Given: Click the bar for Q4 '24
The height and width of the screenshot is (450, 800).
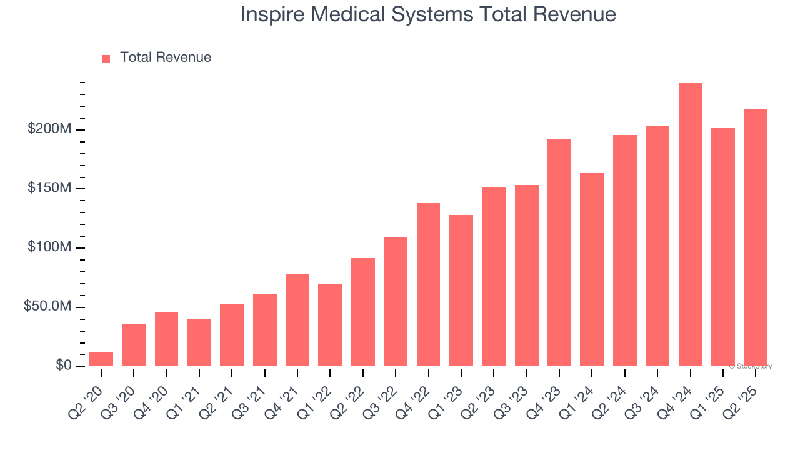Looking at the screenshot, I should point(690,225).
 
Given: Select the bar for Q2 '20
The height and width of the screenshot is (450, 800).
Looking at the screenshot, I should point(101,359).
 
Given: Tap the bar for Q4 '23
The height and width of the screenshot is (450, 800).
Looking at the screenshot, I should point(559,252).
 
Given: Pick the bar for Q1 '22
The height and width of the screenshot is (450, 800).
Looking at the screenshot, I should point(330,325).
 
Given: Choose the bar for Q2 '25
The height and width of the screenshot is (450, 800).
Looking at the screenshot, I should point(756,237).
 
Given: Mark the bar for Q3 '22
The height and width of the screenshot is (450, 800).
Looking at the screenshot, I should point(396,302).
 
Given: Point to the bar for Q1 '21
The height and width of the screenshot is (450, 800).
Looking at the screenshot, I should point(199,342).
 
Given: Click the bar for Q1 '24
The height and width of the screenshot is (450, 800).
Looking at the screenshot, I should point(592,269).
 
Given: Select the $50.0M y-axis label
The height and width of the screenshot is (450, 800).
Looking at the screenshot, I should point(47,307).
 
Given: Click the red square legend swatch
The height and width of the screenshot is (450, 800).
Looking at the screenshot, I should point(106,58).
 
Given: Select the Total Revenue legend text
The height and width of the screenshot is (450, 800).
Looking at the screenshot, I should point(166,57).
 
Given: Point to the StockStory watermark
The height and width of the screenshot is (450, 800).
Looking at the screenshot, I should point(751,366).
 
